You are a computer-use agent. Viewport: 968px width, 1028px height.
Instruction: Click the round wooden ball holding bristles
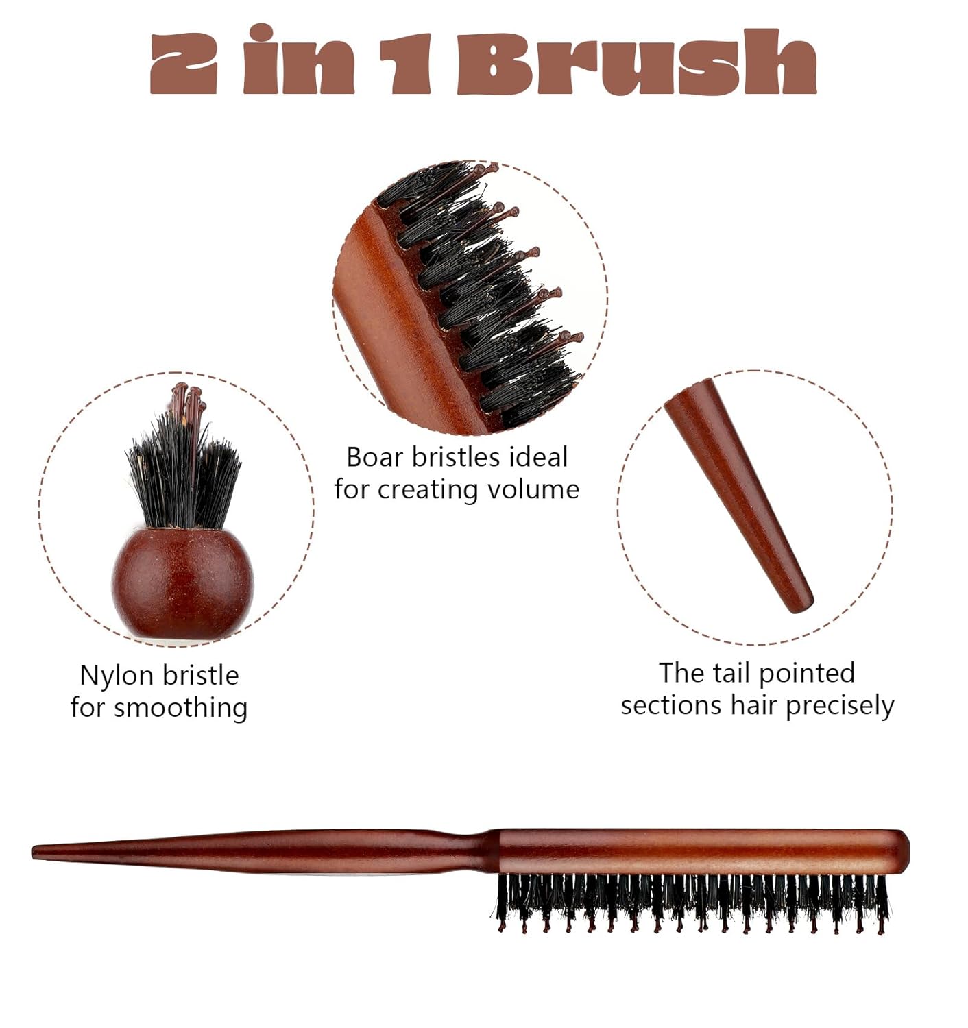[183, 583]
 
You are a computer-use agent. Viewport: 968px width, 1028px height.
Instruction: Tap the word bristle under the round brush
[200, 676]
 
